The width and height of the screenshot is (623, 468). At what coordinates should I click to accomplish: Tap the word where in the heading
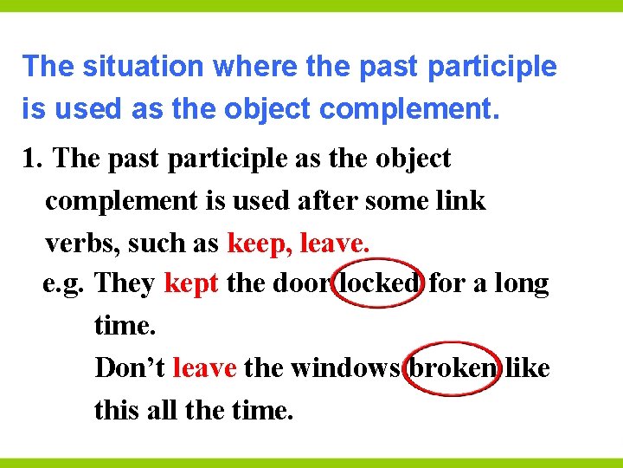[242, 67]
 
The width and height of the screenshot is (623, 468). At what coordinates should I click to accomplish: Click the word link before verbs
[459, 201]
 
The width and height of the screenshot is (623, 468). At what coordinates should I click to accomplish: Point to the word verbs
[82, 244]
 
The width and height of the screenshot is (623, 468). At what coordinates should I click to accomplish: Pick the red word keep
[257, 244]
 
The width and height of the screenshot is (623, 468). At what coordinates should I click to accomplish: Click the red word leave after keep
[334, 244]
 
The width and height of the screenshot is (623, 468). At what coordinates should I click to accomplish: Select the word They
[125, 283]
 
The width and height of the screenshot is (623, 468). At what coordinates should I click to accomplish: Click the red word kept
[191, 283]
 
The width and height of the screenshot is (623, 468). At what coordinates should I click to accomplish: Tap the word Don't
[131, 367]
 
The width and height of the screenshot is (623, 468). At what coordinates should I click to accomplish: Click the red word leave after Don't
[205, 367]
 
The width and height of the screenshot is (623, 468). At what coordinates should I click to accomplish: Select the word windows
[345, 367]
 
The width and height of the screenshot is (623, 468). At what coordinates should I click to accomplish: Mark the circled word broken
[453, 367]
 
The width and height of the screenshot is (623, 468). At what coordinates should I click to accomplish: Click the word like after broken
[529, 367]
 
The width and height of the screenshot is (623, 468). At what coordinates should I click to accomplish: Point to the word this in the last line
[116, 409]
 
